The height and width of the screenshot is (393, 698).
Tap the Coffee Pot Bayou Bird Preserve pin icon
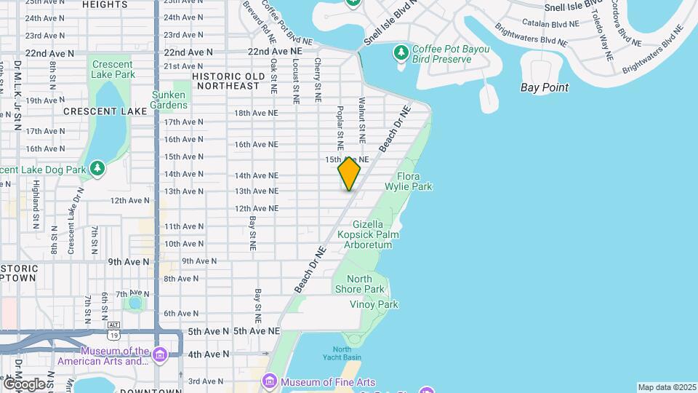400,52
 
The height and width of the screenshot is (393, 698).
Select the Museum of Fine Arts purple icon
270,381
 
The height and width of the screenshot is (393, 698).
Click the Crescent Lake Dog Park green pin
97,170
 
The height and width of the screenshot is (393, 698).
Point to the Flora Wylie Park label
414,181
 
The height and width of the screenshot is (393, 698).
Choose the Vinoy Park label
374,304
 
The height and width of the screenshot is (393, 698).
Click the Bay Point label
545,87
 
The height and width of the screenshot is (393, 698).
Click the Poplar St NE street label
340,124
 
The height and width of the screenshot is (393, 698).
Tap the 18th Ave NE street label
256,113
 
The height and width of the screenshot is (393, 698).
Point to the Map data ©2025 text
666,387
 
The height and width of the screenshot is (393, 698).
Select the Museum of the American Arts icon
160,354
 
